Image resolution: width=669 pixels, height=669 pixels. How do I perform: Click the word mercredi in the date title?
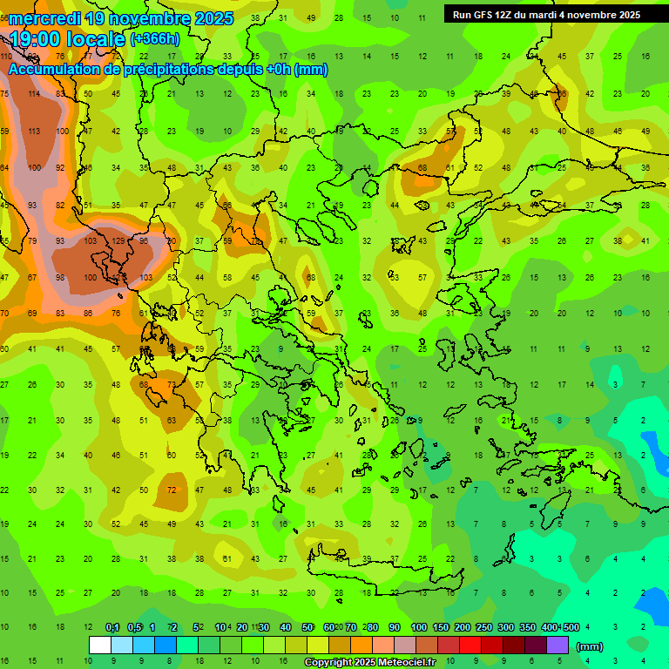click(x=44, y=18)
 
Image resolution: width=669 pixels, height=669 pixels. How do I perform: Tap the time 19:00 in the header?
click(x=37, y=40)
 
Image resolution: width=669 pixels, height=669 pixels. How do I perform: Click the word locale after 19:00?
click(x=98, y=40)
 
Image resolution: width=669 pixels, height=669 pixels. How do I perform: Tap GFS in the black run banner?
click(x=484, y=15)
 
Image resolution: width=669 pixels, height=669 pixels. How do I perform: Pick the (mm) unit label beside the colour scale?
click(x=590, y=646)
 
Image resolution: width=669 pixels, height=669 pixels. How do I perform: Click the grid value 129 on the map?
click(x=118, y=240)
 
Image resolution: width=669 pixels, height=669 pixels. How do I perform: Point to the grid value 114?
click(x=34, y=94)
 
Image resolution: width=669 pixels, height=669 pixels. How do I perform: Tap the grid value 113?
click(x=34, y=132)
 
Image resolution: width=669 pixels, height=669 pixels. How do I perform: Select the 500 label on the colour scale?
click(x=571, y=627)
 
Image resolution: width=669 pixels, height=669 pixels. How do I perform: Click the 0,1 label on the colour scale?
click(x=112, y=627)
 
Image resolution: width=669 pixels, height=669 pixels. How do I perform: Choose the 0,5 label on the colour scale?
click(x=134, y=627)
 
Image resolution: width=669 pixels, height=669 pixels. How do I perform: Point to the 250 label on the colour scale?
click(x=484, y=627)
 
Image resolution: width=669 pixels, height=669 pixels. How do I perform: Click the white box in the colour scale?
click(x=100, y=645)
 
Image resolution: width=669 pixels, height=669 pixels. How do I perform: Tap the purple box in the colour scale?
click(x=557, y=645)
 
